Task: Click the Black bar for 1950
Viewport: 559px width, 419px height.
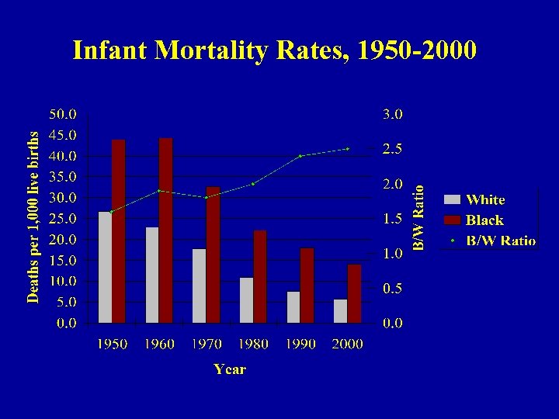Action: (x=118, y=231)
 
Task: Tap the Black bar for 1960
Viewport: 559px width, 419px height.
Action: (x=165, y=230)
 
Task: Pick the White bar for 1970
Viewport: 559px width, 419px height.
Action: (x=199, y=286)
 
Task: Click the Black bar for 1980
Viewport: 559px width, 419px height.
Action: (x=260, y=276)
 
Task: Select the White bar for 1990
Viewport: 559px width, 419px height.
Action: (x=293, y=307)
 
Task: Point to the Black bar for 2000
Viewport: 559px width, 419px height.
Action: (x=354, y=293)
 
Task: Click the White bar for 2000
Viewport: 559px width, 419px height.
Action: (x=341, y=311)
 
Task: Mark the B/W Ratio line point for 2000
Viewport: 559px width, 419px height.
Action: (x=348, y=148)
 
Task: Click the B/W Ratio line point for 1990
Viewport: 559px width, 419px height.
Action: (x=300, y=156)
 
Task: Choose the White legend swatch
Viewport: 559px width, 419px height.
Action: (x=452, y=199)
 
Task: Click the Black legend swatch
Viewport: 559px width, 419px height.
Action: (x=452, y=220)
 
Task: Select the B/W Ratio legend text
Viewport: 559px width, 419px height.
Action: (x=501, y=241)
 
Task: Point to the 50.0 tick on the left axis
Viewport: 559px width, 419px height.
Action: (x=63, y=114)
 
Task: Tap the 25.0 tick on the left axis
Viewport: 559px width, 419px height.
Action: (x=63, y=219)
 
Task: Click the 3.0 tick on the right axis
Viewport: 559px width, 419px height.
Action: (x=392, y=114)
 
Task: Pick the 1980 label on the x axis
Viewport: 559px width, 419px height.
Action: (x=253, y=344)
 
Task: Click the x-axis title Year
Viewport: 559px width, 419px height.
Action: (x=230, y=369)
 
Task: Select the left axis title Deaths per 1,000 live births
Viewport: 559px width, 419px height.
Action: (x=33, y=206)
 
